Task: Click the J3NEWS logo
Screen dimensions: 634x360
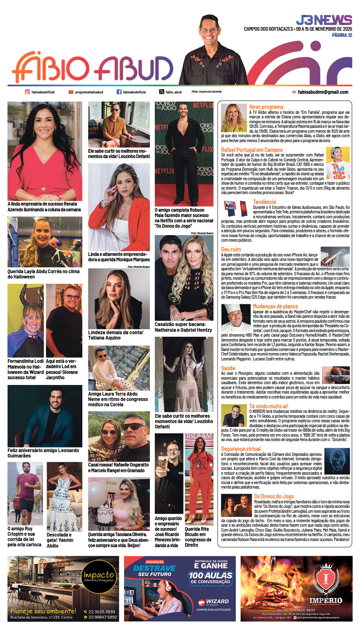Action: (x=324, y=20)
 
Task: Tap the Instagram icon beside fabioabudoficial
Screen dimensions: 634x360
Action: (x=27, y=92)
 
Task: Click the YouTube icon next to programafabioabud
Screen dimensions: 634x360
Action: (x=71, y=92)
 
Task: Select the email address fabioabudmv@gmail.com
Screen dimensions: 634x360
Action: (x=323, y=92)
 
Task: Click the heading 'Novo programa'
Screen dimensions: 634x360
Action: (x=266, y=107)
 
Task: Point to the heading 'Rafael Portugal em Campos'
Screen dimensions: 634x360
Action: (x=251, y=150)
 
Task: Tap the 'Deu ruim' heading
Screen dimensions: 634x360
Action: (x=231, y=249)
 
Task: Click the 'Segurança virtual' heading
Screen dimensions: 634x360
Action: (x=241, y=449)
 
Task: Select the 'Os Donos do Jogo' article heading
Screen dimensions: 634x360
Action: (x=274, y=496)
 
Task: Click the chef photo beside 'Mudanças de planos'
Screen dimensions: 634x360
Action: (x=235, y=318)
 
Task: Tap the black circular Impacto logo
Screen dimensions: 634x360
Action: (x=99, y=577)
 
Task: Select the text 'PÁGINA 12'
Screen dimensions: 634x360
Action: (x=342, y=35)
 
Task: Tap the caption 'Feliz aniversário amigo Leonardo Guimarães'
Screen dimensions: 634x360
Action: (x=43, y=453)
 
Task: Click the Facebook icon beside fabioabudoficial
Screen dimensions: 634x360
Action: (x=119, y=92)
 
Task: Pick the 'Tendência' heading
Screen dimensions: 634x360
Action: (x=264, y=202)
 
